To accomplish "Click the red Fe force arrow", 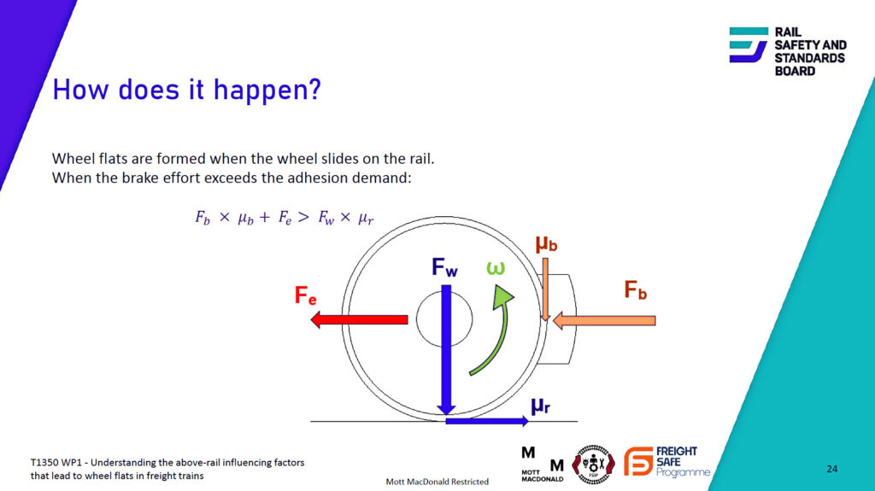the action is tap(360, 319).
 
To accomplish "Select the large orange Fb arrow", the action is tap(604, 320).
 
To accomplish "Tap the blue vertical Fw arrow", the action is tap(446, 350).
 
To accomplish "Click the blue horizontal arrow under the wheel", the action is tap(486, 421).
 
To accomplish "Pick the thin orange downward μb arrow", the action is tap(545, 289).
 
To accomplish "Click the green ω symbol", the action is tap(496, 268).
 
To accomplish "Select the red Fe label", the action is tap(306, 295).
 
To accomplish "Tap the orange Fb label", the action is tap(635, 290).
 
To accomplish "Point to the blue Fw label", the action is tap(444, 267).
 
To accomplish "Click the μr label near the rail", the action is tap(540, 406).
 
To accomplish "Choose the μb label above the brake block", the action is tap(546, 244).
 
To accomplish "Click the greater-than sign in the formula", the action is tap(303, 217).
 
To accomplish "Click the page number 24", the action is tap(832, 469).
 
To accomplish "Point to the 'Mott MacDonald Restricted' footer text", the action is tap(437, 482).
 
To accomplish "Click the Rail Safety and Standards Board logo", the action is tap(788, 51).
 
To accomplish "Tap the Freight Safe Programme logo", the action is tap(667, 461).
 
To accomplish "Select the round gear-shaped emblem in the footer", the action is tap(593, 465).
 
